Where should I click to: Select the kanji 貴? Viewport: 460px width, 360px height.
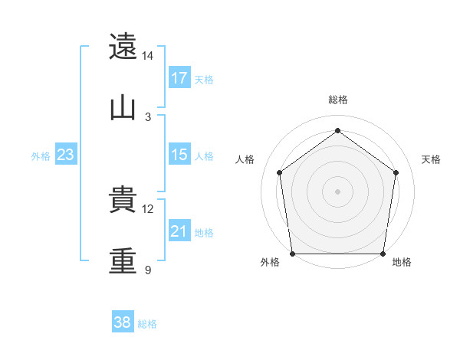(x=123, y=200)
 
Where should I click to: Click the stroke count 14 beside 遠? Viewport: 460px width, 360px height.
(x=147, y=56)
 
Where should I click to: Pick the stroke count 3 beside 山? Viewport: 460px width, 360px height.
(x=148, y=116)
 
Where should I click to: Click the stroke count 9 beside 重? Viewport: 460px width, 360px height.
(x=147, y=270)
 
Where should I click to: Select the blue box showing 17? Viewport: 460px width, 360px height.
(x=179, y=78)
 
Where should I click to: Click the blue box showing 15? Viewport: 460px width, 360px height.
(x=179, y=155)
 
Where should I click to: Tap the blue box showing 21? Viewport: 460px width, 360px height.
(x=179, y=231)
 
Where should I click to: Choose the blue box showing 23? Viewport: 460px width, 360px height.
(x=66, y=155)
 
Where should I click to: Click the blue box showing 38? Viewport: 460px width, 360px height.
(x=122, y=322)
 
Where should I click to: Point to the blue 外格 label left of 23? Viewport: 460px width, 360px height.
(x=41, y=156)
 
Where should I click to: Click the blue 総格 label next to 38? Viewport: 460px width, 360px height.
(x=147, y=324)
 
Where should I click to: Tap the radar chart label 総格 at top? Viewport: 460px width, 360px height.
(x=338, y=100)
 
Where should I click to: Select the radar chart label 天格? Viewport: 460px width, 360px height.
(x=431, y=159)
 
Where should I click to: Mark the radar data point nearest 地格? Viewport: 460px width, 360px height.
(x=383, y=254)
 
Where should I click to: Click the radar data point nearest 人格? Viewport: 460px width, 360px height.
(x=280, y=172)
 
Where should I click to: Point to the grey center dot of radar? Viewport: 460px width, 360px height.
(x=337, y=191)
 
